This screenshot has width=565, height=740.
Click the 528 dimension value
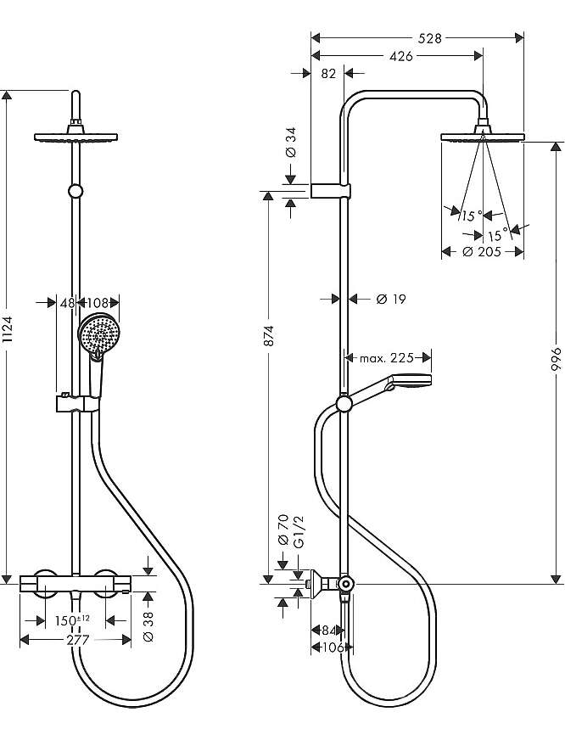coord(429,38)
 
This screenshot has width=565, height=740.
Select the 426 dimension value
coord(401,56)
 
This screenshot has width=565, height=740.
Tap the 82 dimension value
coord(328,74)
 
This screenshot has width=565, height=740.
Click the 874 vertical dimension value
coord(268,335)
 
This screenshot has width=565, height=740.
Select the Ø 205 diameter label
coord(482,251)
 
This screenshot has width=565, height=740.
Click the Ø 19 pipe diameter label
coord(391,299)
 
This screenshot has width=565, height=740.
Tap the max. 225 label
coord(386,358)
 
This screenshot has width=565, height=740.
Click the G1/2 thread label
coord(299,532)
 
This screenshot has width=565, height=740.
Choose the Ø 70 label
coord(283,530)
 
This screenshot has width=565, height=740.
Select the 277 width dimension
coord(77,640)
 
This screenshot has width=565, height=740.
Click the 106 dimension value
coord(332,647)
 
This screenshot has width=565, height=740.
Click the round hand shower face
coord(98,334)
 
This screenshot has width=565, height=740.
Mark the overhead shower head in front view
coord(76,137)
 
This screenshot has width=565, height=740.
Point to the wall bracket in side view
coord(331,190)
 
